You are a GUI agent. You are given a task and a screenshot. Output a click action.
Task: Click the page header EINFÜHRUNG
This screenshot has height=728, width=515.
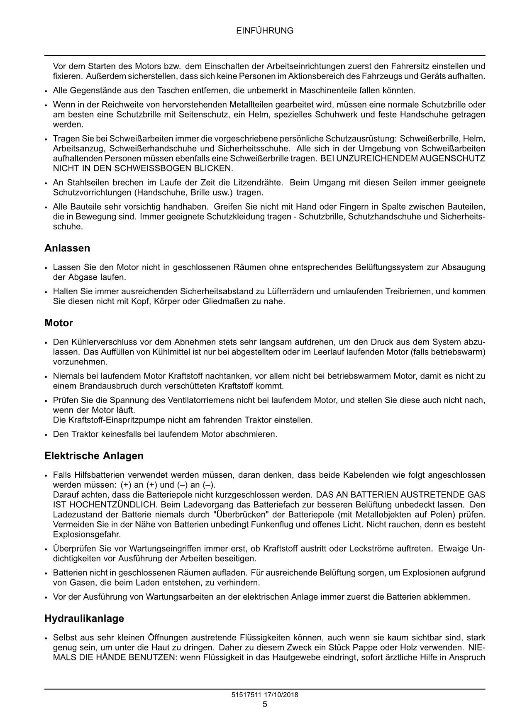click(x=265, y=31)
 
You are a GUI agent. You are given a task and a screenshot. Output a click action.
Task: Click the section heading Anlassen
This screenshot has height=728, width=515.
click(x=67, y=248)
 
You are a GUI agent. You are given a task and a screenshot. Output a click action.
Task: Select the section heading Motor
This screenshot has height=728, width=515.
click(x=59, y=323)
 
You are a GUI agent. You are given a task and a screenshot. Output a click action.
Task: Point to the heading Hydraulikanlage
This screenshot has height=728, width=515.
click(x=84, y=618)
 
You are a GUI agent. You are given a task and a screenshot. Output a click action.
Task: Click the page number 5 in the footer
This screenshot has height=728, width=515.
click(x=265, y=704)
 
